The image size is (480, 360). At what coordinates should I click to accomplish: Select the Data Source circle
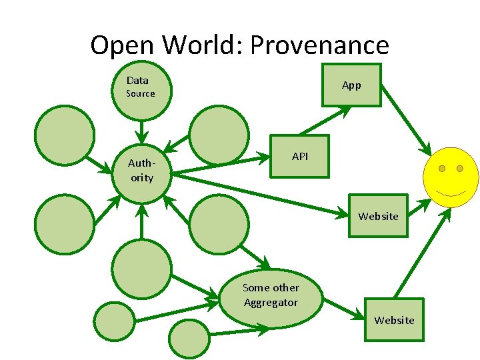[x=141, y=91]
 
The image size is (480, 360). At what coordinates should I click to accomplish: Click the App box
[x=351, y=85]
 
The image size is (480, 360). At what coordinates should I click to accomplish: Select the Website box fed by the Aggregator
[x=394, y=319]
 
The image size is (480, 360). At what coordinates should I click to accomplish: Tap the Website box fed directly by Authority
[x=378, y=215]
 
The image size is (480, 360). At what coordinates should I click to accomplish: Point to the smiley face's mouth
[x=451, y=193]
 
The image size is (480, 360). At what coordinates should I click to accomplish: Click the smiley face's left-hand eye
[x=441, y=169]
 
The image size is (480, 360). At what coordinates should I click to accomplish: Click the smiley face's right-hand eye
[x=460, y=169]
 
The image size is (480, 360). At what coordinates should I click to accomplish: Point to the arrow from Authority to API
[x=220, y=165]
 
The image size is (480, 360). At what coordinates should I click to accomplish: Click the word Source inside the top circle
[x=141, y=94]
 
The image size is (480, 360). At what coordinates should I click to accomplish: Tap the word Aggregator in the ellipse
[x=271, y=303]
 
